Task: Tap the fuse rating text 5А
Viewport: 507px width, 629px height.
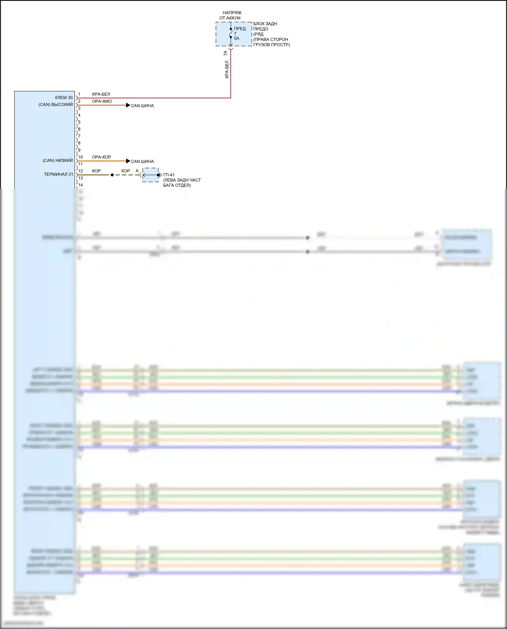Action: coord(237,39)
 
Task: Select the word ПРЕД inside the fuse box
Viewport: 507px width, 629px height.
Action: coord(240,29)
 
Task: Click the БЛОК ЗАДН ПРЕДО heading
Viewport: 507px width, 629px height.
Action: coord(265,26)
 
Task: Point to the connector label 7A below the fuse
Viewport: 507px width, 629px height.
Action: coord(225,53)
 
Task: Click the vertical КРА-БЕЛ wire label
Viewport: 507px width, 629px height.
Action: coord(227,70)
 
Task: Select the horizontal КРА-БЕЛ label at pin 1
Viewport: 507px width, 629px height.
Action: coord(101,94)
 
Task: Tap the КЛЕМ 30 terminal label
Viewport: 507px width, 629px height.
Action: coord(64,98)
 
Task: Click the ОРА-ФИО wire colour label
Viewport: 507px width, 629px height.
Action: coord(102,101)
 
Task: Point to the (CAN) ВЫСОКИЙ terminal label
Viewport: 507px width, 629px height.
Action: coord(56,105)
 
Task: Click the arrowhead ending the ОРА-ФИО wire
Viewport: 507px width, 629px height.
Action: coord(128,105)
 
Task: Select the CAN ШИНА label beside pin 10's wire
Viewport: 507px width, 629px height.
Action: coord(142,162)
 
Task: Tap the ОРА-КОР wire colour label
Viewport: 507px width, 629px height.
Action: coord(101,157)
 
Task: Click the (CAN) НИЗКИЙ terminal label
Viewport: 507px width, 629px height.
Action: coord(58,161)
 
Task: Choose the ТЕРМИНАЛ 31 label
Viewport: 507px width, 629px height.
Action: coord(58,174)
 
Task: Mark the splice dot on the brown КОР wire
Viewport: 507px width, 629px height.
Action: coord(112,175)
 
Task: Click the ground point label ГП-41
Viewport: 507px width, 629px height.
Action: coord(169,175)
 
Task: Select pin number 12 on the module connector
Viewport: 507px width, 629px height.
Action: coord(80,171)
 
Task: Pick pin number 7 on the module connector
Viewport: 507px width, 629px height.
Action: coord(79,136)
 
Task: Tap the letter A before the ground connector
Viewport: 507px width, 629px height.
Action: coord(137,171)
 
